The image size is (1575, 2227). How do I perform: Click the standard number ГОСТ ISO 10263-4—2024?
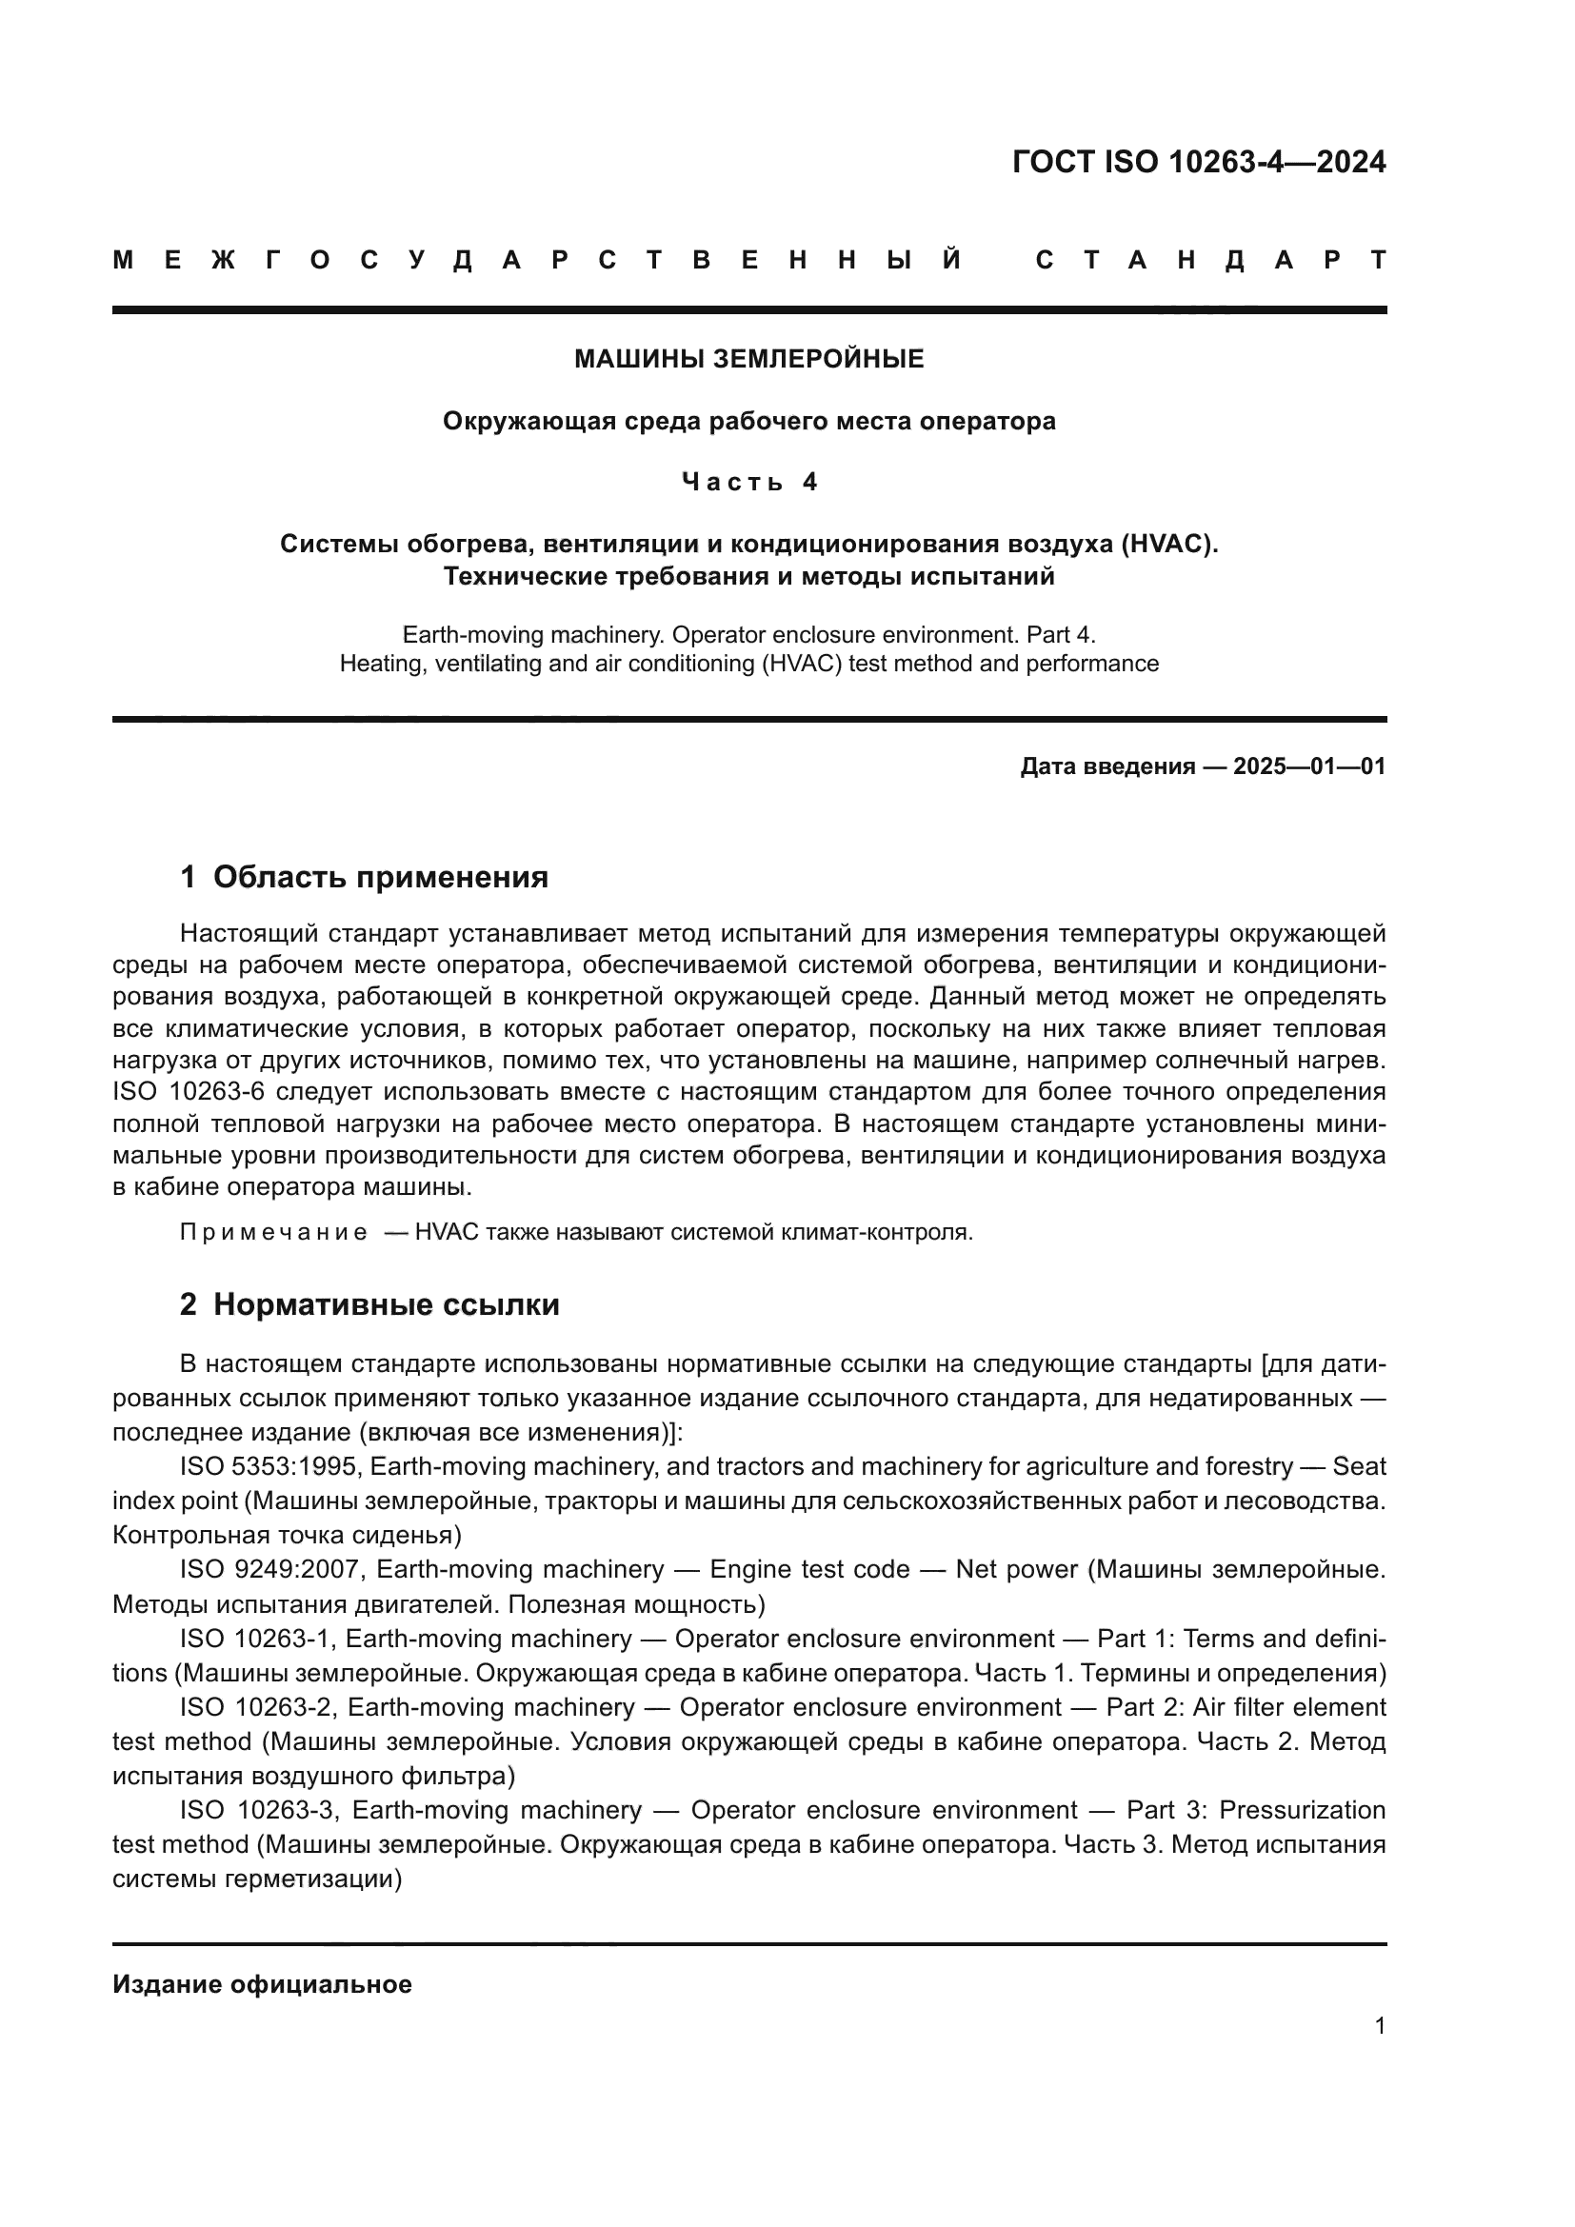pyautogui.click(x=1199, y=162)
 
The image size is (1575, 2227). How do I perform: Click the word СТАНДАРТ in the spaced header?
pyautogui.click(x=1211, y=261)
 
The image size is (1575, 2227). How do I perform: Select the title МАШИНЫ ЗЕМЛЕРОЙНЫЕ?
pyautogui.click(x=748, y=360)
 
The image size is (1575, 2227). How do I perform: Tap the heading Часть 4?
pyautogui.click(x=748, y=482)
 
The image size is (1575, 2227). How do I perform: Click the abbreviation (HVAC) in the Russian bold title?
pyautogui.click(x=1167, y=545)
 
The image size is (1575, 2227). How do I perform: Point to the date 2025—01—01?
pyautogui.click(x=1309, y=767)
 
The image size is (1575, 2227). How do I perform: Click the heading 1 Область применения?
pyautogui.click(x=364, y=878)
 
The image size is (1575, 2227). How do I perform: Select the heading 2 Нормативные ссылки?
pyautogui.click(x=369, y=1305)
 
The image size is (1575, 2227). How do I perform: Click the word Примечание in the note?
pyautogui.click(x=273, y=1233)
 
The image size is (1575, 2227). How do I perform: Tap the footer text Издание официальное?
pyautogui.click(x=262, y=1984)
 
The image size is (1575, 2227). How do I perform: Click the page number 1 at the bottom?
pyautogui.click(x=1380, y=2026)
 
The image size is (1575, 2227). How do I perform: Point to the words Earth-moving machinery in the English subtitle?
pyautogui.click(x=533, y=635)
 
